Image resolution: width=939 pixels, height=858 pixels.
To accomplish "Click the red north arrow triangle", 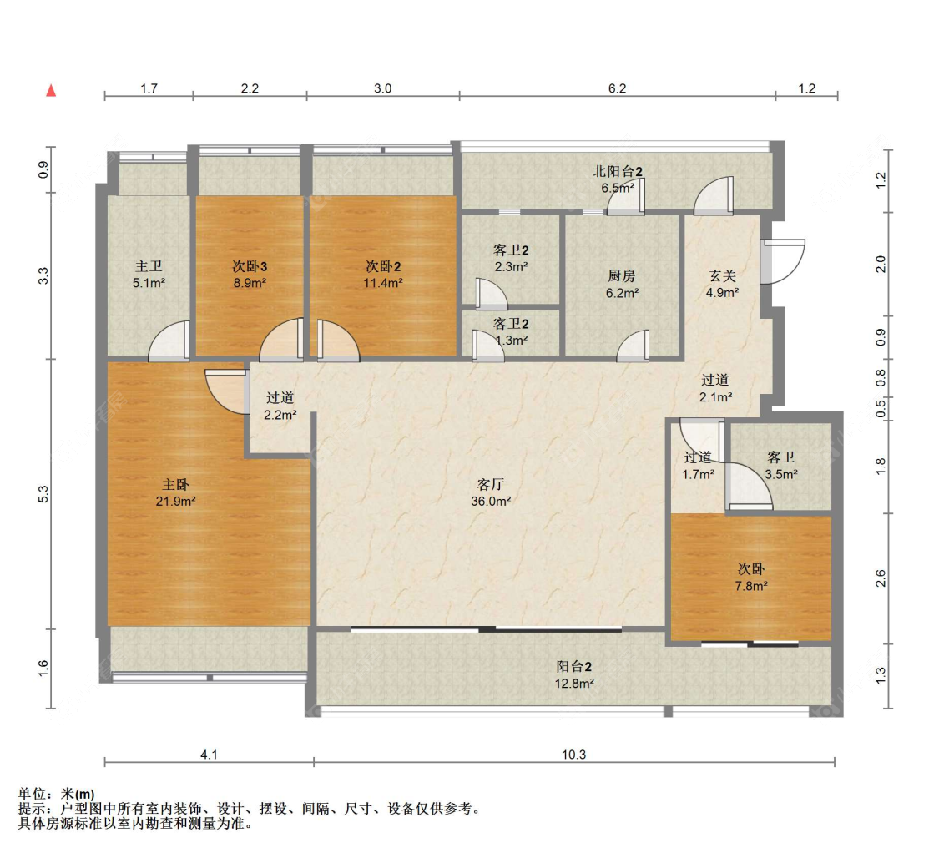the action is [52, 90].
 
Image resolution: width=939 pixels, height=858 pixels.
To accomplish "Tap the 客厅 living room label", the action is [491, 484].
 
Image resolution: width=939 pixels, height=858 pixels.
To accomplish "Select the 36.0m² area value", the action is [491, 501].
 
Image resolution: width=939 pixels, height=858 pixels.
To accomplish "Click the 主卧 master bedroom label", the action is [175, 484].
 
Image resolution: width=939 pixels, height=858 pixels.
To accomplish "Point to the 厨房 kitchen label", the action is [622, 275].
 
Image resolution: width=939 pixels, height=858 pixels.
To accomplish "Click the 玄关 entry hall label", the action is [722, 275].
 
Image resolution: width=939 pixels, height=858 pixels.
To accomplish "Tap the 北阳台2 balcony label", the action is [618, 171].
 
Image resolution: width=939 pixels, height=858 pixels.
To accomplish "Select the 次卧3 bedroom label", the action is [250, 266].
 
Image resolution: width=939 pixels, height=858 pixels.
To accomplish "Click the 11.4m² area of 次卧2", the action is [383, 283].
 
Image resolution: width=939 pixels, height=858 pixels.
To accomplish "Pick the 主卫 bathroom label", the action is [149, 266].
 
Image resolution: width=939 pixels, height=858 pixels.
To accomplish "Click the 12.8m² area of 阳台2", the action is [574, 684].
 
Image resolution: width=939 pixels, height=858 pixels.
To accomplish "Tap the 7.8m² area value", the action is [751, 586].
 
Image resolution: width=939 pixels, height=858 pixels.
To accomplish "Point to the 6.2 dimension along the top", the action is [618, 88].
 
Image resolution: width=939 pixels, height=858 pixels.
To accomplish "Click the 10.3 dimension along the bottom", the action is [573, 755].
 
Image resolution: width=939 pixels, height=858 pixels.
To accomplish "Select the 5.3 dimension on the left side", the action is [43, 494].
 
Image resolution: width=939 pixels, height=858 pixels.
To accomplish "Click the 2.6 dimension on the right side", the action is [881, 578].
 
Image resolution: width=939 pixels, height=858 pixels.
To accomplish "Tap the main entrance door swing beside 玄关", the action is [783, 261].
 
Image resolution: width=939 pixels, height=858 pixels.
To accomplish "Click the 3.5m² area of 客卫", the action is [781, 474].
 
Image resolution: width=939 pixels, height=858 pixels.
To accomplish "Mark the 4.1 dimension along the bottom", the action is [209, 755].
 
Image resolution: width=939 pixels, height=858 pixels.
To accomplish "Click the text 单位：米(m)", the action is [56, 794].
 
